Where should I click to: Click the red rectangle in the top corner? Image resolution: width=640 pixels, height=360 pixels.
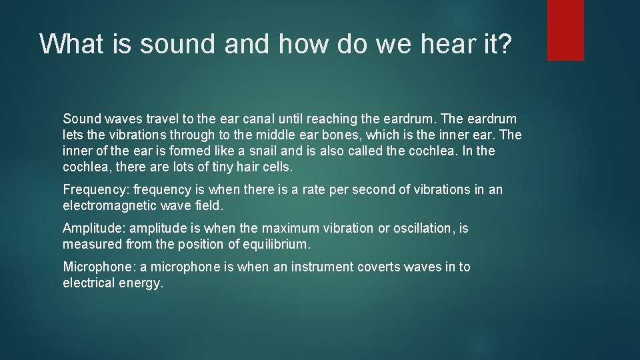565,30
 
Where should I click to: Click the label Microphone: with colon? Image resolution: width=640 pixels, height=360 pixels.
99,267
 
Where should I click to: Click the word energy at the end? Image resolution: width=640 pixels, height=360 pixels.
141,283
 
